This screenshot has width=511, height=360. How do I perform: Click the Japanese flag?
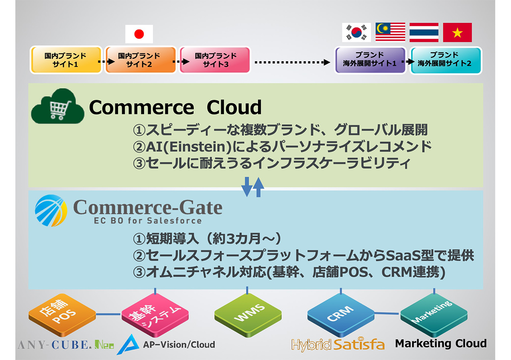139,34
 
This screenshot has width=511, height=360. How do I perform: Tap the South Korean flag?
356,32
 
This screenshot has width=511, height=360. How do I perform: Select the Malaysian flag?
390,32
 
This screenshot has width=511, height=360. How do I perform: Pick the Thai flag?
424,32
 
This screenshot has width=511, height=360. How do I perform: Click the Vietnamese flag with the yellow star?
457,32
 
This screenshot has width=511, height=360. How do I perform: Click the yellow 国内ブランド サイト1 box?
66,60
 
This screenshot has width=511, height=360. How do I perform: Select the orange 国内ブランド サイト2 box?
141,60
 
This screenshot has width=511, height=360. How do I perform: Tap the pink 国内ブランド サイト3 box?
215,60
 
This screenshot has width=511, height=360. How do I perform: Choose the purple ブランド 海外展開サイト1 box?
370,60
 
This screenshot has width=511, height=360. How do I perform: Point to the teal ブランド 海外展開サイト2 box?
446,60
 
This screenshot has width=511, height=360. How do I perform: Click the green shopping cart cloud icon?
57,106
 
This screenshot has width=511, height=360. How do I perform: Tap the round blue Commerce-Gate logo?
51,211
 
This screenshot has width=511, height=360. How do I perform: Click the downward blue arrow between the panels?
247,186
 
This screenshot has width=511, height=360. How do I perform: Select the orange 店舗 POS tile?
62,315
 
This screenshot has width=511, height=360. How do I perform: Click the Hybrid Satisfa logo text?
338,344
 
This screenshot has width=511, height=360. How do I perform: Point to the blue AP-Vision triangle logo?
128,344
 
